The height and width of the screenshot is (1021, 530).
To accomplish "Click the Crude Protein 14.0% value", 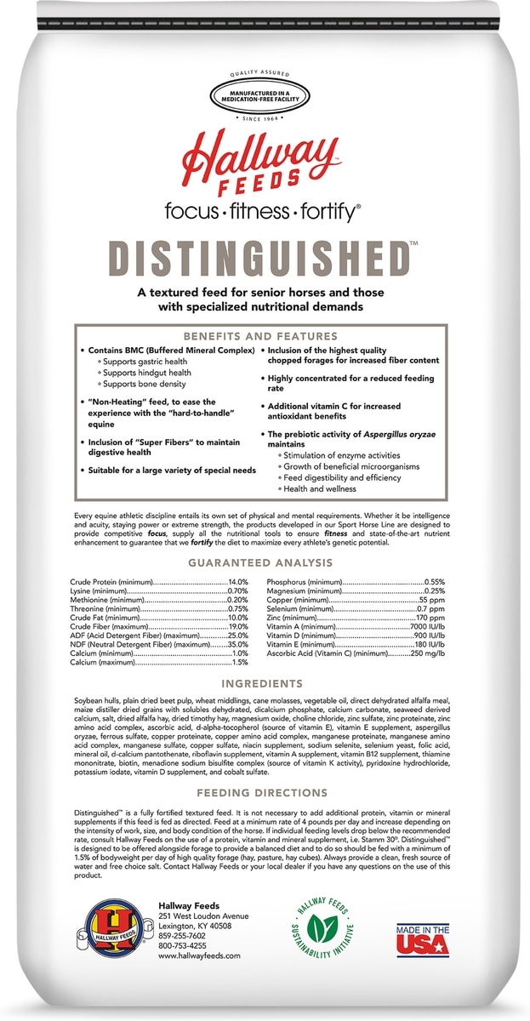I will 237,581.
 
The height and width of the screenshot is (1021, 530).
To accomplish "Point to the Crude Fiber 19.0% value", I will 237,626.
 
